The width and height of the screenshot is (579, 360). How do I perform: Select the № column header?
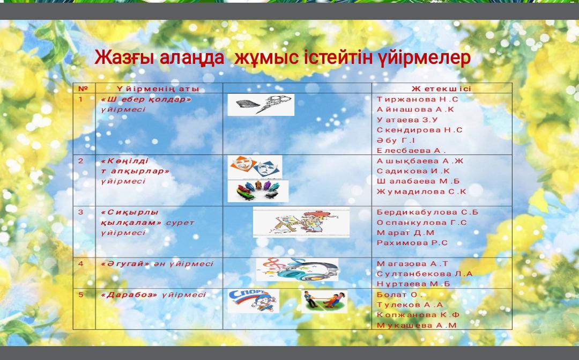pyautogui.click(x=83, y=89)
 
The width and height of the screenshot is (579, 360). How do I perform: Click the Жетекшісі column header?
pyautogui.click(x=442, y=89)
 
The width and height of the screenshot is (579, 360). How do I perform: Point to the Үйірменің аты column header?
pyautogui.click(x=158, y=89)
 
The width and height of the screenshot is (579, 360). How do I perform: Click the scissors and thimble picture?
pyautogui.click(x=261, y=105)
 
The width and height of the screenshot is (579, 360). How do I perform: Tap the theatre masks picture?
pyautogui.click(x=255, y=167)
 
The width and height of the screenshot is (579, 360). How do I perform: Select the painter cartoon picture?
pyautogui.click(x=301, y=223)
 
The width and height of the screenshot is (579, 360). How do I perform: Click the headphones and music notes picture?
pyautogui.click(x=297, y=270)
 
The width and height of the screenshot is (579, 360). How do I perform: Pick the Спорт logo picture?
pyautogui.click(x=253, y=301)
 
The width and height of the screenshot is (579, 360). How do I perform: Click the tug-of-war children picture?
pyautogui.click(x=324, y=301)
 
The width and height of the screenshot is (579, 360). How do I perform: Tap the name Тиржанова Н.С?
pyautogui.click(x=417, y=99)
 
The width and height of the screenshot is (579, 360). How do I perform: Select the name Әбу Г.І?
pyautogui.click(x=396, y=141)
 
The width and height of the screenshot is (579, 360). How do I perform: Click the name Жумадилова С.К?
pyautogui.click(x=421, y=192)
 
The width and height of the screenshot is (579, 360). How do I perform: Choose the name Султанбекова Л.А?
pyautogui.click(x=425, y=274)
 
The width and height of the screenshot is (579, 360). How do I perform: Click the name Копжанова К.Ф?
pyautogui.click(x=418, y=315)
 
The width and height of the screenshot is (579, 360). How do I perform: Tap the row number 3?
pyautogui.click(x=81, y=212)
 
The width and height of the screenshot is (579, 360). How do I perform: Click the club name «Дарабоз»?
pyautogui.click(x=129, y=295)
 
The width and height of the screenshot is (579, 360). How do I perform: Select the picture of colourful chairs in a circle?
pyautogui.click(x=258, y=191)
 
